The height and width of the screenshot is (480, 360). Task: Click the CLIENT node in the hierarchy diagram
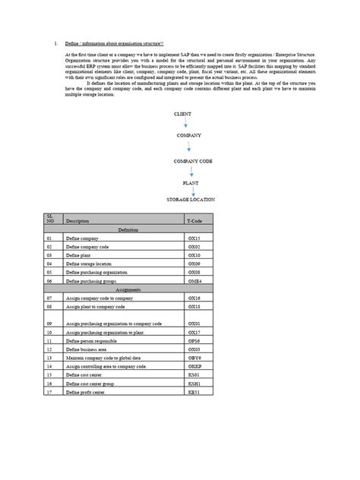pos(182,113)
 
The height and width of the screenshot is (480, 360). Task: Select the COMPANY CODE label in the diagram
pos(188,162)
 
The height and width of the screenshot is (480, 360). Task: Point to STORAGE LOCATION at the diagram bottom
pos(191,200)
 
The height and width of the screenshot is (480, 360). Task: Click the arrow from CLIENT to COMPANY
pos(185,123)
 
